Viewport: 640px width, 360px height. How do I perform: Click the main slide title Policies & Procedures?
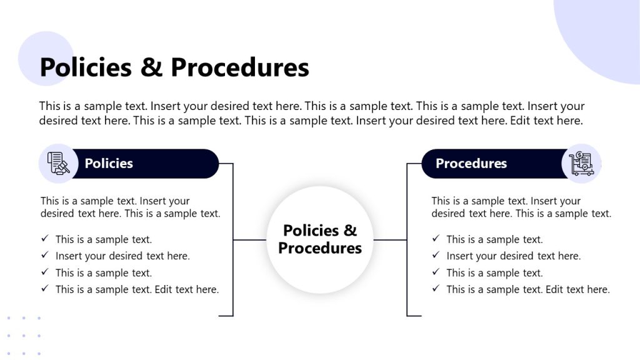174,67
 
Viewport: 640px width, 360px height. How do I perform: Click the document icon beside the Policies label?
58,164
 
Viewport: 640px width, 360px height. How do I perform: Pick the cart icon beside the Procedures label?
581,164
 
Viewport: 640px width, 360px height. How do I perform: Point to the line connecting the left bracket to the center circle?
250,240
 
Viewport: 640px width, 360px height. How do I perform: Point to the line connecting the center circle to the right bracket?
390,240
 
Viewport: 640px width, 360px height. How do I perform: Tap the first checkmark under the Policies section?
45,239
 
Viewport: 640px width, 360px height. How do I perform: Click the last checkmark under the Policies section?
45,289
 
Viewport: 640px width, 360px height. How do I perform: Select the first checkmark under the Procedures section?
436,239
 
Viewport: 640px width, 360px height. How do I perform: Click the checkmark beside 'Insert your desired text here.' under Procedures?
436,256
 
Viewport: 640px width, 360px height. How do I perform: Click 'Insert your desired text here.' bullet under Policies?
122,256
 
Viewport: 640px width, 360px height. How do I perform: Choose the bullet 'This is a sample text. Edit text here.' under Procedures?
527,289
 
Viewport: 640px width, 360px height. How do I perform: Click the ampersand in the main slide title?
151,67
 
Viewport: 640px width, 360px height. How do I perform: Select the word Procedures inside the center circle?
320,248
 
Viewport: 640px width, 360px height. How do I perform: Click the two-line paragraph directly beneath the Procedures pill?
521,207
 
